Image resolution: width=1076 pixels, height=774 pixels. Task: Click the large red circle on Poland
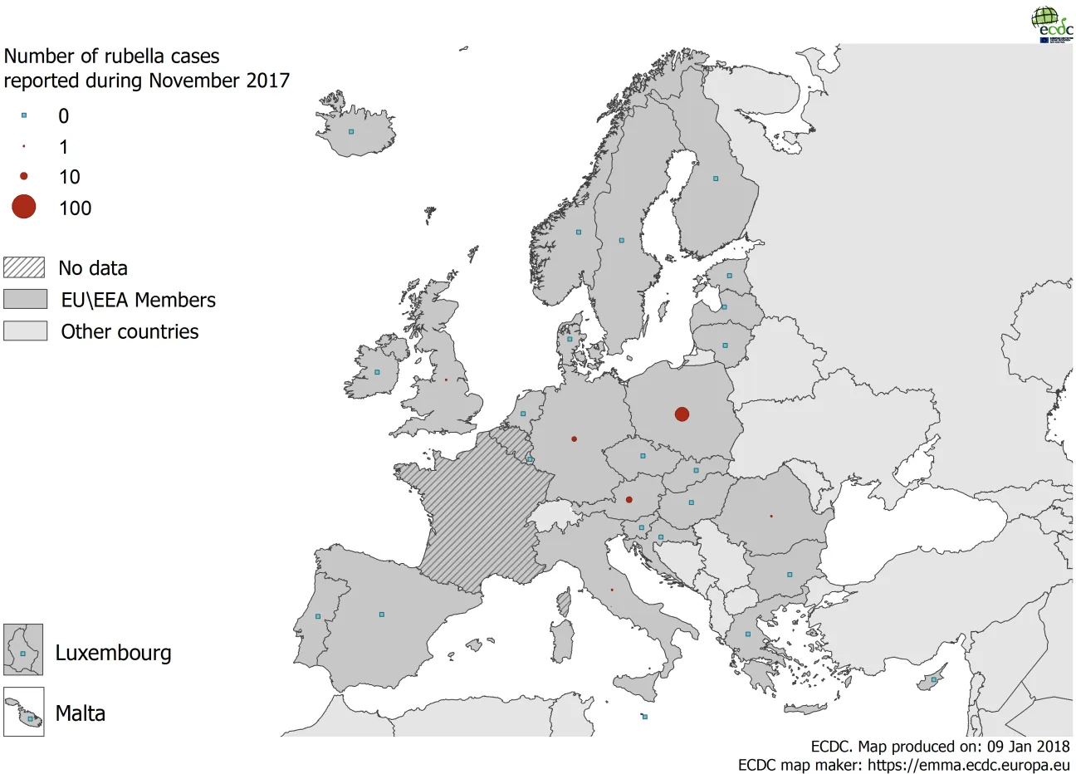682,414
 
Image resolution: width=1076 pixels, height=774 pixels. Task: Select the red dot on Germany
574,438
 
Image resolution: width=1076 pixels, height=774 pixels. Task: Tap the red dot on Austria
628,499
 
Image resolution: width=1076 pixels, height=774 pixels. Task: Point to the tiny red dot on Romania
770,516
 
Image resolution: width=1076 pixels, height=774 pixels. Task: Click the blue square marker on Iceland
351,131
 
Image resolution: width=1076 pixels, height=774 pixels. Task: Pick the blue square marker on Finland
716,178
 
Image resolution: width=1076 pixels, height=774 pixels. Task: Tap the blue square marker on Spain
381,615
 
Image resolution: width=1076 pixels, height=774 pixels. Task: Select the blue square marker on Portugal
318,616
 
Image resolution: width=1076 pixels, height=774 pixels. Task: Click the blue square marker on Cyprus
934,679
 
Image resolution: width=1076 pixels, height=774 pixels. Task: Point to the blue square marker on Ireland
377,372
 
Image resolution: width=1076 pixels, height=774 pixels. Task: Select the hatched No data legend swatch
24,267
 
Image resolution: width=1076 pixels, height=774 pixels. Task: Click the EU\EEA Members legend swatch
25,299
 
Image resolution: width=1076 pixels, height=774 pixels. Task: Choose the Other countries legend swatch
25,331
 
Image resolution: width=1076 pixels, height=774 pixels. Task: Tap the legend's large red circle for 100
24,207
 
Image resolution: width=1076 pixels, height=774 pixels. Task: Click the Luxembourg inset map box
23,649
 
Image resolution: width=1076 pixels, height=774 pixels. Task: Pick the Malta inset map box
23,712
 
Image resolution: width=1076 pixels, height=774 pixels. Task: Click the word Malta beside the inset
80,713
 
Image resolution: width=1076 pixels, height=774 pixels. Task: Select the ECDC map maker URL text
968,765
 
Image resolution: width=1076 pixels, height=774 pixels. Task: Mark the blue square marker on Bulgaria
790,575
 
